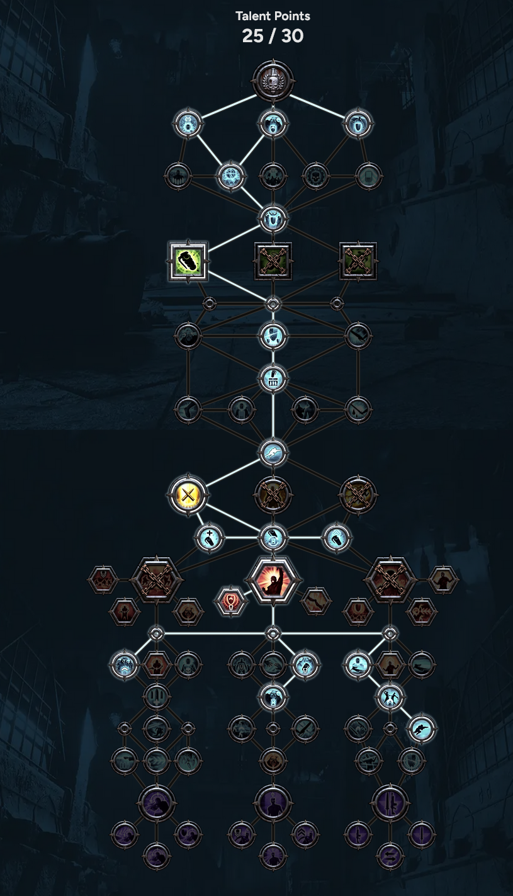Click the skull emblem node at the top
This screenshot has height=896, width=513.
coord(273,81)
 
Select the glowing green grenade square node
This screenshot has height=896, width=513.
coord(188,261)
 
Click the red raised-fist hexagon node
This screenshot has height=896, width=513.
coord(273,580)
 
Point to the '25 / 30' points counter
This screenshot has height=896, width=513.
coord(273,36)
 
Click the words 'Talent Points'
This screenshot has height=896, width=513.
coord(273,16)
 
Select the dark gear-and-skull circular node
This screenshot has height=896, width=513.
coord(315,177)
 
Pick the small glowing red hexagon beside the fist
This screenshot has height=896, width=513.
coord(231,601)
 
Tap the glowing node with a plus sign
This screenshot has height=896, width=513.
coord(209,538)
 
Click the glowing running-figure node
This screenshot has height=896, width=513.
coord(421,729)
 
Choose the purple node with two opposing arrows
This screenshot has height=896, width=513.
coord(390,856)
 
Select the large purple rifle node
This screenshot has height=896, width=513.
coord(390,803)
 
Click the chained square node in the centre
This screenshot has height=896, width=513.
coord(273,261)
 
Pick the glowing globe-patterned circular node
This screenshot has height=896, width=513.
coord(230,177)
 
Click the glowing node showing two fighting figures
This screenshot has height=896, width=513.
coord(390,697)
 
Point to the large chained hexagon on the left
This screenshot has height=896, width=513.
coord(156,580)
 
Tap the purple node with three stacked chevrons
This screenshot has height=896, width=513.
coord(305,834)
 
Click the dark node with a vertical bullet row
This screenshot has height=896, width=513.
coord(156,697)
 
